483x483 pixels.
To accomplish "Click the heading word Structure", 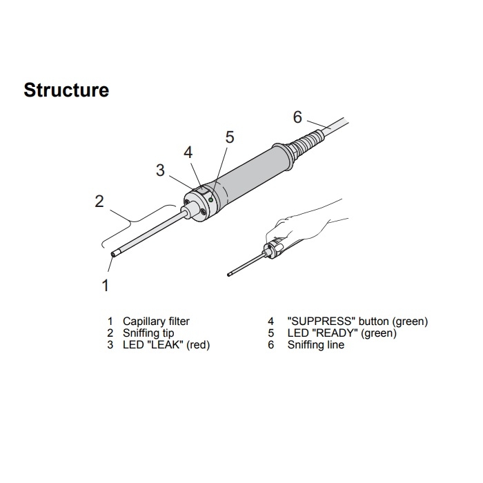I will pyautogui.click(x=66, y=90).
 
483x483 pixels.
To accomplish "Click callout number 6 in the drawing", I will pyautogui.click(x=297, y=117).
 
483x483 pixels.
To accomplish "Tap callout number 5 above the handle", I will pyautogui.click(x=230, y=137).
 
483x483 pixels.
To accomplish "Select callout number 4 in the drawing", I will pyautogui.click(x=188, y=152).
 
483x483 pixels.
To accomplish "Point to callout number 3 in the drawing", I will pyautogui.click(x=160, y=170).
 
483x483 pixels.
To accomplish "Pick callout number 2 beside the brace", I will pyautogui.click(x=99, y=201).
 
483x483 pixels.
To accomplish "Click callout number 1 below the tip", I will pyautogui.click(x=106, y=285).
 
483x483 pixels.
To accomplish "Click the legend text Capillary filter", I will pyautogui.click(x=156, y=321).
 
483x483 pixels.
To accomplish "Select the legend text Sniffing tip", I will pyautogui.click(x=148, y=333).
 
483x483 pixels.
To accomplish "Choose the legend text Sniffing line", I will pyautogui.click(x=315, y=344).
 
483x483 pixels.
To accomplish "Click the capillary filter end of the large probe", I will pyautogui.click(x=114, y=254).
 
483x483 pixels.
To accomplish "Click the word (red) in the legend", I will pyautogui.click(x=198, y=344).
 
